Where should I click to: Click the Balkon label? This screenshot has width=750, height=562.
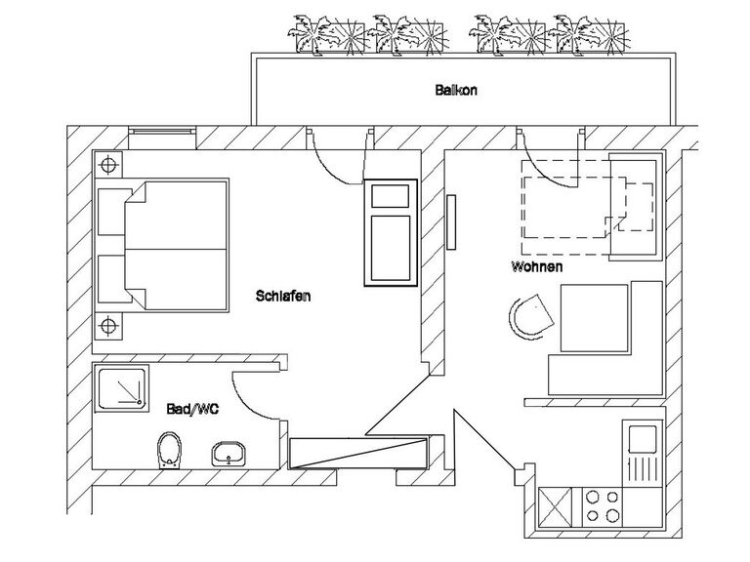coord(456,90)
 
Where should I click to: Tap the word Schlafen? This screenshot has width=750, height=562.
coord(283,296)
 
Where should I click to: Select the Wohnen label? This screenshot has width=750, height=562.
coord(537,266)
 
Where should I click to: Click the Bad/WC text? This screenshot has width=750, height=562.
coord(192,409)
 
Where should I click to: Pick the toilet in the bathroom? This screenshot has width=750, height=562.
coord(170,450)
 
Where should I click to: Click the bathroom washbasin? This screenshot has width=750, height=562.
coord(229,454)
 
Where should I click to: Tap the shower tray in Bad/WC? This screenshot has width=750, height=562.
coord(121,387)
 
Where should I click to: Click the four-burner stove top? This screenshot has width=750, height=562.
coord(603,506)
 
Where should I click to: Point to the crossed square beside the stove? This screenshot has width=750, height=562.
coord(555,506)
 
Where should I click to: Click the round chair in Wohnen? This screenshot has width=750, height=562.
coord(531,316)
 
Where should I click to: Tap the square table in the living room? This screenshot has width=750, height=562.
coord(594,318)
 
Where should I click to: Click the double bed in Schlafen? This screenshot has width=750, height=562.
coord(162,245)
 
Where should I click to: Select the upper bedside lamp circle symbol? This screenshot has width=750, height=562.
coord(108,165)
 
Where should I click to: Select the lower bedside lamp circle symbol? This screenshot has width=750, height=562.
coord(108,326)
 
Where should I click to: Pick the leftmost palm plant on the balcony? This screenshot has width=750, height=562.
coord(309,33)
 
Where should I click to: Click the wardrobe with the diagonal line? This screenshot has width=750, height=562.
coord(357,453)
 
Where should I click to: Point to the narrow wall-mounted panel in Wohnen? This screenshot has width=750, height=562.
coord(451,221)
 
